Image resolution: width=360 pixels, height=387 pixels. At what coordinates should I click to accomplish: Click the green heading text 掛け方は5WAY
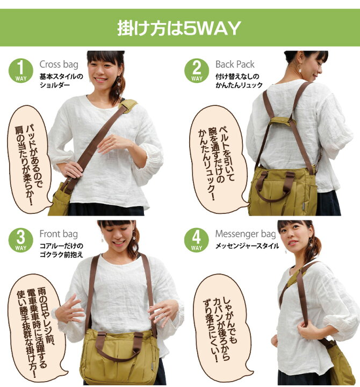(179, 28)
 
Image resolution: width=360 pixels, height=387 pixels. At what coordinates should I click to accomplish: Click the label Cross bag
(58, 65)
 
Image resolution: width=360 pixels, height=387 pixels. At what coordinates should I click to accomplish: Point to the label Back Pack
(235, 65)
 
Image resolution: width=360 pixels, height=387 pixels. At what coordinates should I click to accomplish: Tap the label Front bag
(59, 234)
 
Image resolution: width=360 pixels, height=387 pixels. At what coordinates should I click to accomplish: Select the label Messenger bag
(246, 234)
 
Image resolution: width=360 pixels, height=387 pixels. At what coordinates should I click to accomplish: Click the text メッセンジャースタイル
(247, 247)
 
